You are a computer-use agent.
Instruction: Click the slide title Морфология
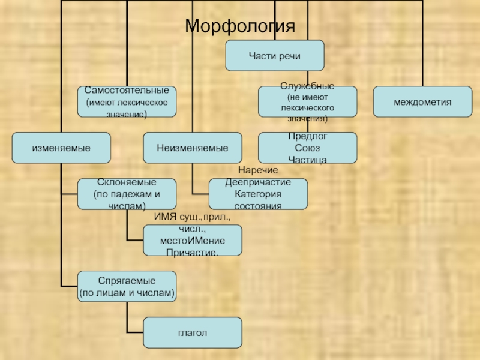click(x=240, y=26)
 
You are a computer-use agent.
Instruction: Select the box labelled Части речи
click(x=274, y=55)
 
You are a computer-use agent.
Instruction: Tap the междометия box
click(x=422, y=101)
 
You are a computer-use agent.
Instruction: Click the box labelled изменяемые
click(x=61, y=148)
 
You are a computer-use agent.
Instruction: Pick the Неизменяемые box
click(x=193, y=148)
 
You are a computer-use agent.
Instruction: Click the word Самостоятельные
click(x=127, y=90)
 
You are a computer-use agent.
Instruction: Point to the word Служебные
click(x=307, y=86)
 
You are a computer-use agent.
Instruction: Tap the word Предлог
click(x=307, y=137)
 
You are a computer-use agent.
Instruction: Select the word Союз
click(x=307, y=148)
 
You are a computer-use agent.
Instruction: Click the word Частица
click(x=307, y=160)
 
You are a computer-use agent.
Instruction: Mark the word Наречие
click(x=258, y=172)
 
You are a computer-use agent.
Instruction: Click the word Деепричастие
click(x=258, y=182)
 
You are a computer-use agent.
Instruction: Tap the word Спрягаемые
click(x=127, y=281)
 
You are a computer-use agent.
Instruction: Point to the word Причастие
click(x=192, y=252)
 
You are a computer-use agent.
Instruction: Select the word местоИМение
click(x=192, y=241)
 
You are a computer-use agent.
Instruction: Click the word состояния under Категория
click(x=258, y=205)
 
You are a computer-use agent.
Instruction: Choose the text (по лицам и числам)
click(x=127, y=293)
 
